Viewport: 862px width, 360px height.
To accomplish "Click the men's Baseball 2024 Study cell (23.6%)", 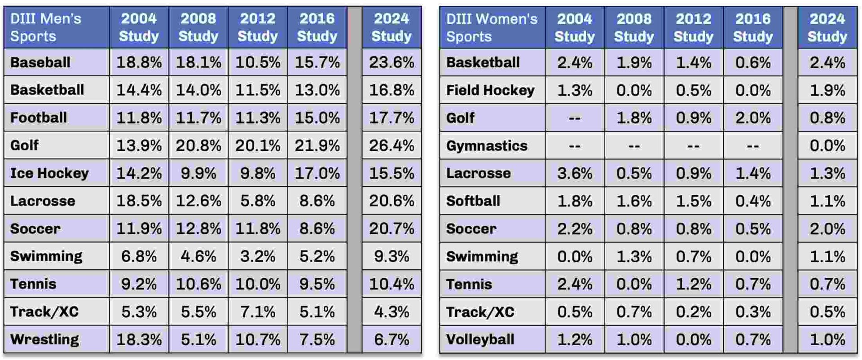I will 391,62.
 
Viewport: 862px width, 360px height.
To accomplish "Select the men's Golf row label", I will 25,145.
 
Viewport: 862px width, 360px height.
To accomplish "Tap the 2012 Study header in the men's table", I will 257,27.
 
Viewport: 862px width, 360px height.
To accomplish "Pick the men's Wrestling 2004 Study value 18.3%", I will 139,339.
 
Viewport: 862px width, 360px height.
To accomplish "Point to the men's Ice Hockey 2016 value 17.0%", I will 317,173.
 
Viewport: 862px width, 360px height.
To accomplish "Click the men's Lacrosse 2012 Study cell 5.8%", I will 257,201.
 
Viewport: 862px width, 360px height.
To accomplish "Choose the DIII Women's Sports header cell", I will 492,27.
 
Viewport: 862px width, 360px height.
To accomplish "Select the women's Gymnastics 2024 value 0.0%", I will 827,145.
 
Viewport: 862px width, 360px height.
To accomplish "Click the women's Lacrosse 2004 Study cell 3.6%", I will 574,173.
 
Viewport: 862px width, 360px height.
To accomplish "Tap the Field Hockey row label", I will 490,90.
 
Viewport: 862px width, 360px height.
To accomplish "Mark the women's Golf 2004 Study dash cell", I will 574,118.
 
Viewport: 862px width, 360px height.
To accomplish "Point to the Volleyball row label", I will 480,339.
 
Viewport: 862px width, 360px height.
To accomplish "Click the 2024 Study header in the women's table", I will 827,27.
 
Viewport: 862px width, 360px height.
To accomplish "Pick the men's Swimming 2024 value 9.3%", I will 391,256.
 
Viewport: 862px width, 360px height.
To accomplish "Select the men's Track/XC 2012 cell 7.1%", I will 257,312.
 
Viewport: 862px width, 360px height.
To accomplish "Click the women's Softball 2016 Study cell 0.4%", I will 752,201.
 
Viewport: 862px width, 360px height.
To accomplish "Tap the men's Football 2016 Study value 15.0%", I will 317,118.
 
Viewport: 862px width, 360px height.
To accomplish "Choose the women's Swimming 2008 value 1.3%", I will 633,256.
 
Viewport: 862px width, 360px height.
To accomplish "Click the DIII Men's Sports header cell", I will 46,27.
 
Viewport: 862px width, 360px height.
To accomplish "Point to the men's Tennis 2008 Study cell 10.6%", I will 198,284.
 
